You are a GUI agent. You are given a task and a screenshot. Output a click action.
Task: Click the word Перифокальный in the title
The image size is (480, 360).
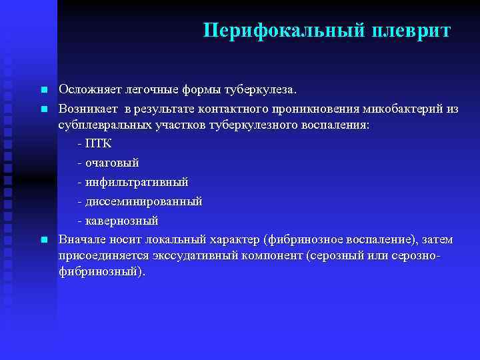coord(283,31)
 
